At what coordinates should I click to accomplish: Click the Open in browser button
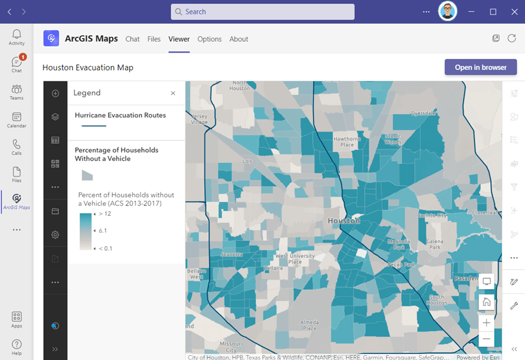point(480,67)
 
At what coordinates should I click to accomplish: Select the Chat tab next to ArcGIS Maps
point(133,39)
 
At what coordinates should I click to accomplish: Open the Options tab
point(209,39)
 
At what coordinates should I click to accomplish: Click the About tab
point(239,39)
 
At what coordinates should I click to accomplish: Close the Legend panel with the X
point(173,93)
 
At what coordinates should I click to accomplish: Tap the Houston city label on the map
point(343,221)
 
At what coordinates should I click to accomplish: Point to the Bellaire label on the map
point(273,267)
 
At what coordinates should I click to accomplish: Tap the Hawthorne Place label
point(347,142)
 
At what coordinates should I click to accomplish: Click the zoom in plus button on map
point(487,323)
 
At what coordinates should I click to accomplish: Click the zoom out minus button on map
point(487,339)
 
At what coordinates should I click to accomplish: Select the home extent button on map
point(487,302)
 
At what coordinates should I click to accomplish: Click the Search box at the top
point(262,12)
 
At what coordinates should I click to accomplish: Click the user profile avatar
point(448,12)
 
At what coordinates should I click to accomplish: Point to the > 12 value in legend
point(104,214)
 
